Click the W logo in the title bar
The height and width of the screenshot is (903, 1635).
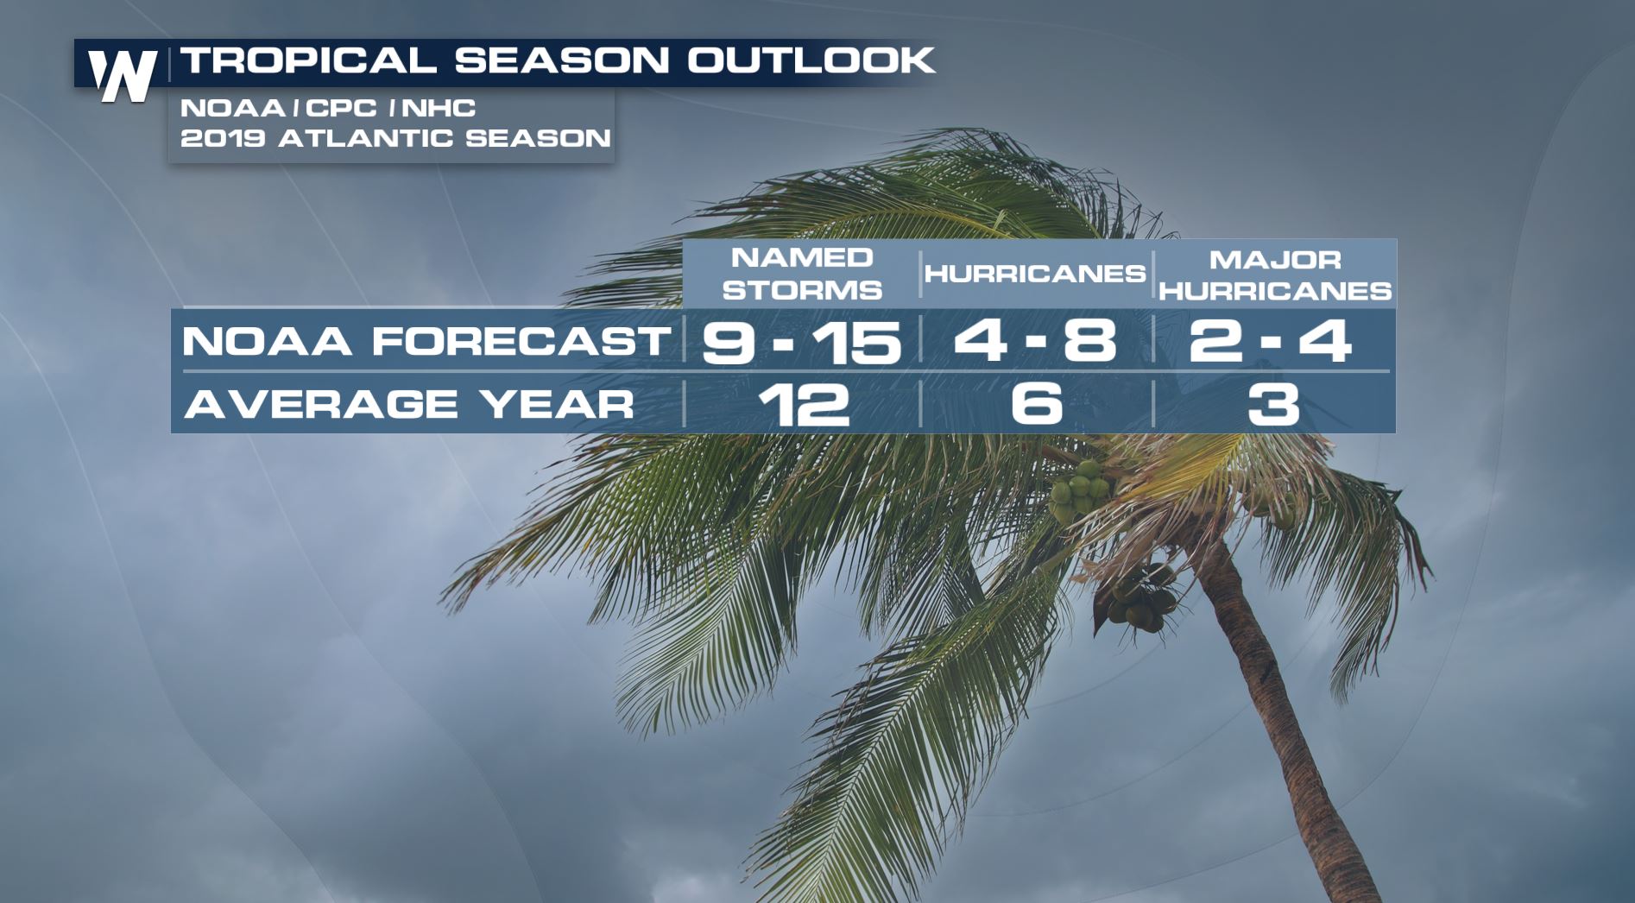point(123,74)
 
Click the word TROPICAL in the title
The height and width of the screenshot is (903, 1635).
point(308,60)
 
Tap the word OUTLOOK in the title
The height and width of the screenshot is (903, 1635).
point(811,60)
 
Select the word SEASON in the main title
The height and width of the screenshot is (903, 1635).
point(562,60)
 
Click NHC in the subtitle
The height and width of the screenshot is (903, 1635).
point(439,108)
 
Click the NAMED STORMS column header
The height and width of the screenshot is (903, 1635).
point(802,274)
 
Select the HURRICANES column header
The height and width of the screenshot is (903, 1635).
point(1035,274)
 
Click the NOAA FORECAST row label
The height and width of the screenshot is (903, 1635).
point(426,341)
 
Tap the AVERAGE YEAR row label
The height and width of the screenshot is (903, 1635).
point(409,404)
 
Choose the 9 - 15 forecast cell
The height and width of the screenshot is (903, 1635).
point(802,341)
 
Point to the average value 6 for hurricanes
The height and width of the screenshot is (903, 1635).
point(1036,404)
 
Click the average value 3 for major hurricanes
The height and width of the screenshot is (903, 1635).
point(1273,404)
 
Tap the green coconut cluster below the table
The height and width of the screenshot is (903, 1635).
point(1079,489)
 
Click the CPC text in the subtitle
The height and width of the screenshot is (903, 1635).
point(341,108)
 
